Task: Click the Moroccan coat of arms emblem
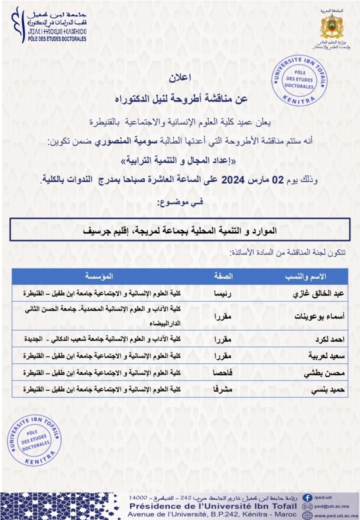click(x=331, y=26)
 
